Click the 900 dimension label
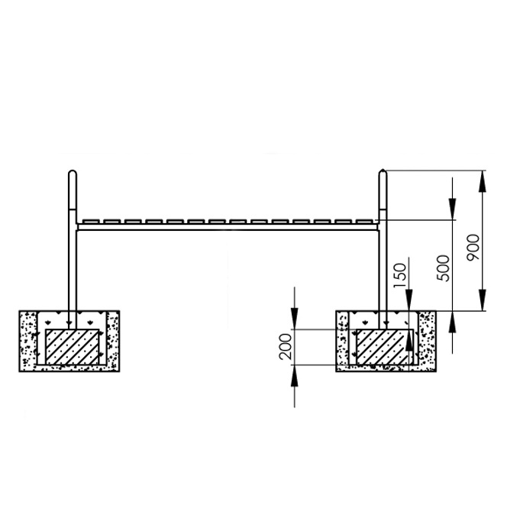click(x=473, y=248)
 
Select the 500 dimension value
click(x=443, y=268)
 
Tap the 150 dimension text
click(x=399, y=275)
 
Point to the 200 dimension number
click(x=286, y=346)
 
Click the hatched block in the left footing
click(x=72, y=347)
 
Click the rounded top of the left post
click(x=73, y=174)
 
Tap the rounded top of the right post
click(x=383, y=174)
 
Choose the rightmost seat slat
click(x=365, y=222)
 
